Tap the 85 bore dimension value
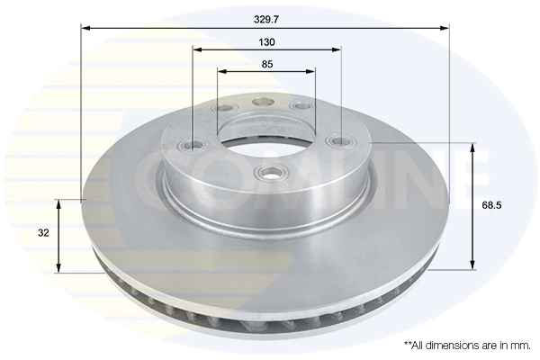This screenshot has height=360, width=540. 267,64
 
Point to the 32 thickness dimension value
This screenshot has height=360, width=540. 42,232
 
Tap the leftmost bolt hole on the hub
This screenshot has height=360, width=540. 195,142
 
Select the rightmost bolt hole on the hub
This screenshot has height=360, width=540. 337,142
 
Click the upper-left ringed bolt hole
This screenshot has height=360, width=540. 222,109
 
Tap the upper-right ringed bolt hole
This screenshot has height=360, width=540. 300,108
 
